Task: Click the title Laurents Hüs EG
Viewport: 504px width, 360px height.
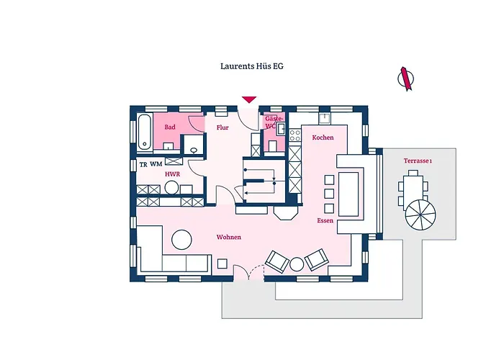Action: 251,66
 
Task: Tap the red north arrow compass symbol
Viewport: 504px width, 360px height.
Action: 406,78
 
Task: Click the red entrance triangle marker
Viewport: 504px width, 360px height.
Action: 249,100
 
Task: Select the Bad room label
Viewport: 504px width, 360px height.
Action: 170,127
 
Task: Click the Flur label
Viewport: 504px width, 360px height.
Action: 222,127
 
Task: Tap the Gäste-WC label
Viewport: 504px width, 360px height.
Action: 273,122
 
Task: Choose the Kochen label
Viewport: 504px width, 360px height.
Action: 323,137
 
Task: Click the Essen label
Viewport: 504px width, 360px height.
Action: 325,220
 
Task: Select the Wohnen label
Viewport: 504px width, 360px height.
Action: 228,237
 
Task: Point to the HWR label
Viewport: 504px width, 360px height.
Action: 172,174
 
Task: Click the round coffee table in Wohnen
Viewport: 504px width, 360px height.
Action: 181,238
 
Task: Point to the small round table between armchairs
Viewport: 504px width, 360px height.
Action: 297,264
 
